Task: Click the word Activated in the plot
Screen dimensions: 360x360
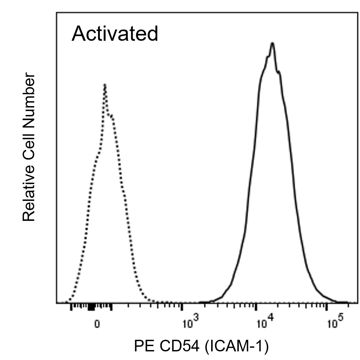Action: click(115, 34)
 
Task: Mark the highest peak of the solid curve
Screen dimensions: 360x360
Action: click(272, 43)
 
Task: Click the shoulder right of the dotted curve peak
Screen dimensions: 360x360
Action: click(112, 116)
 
